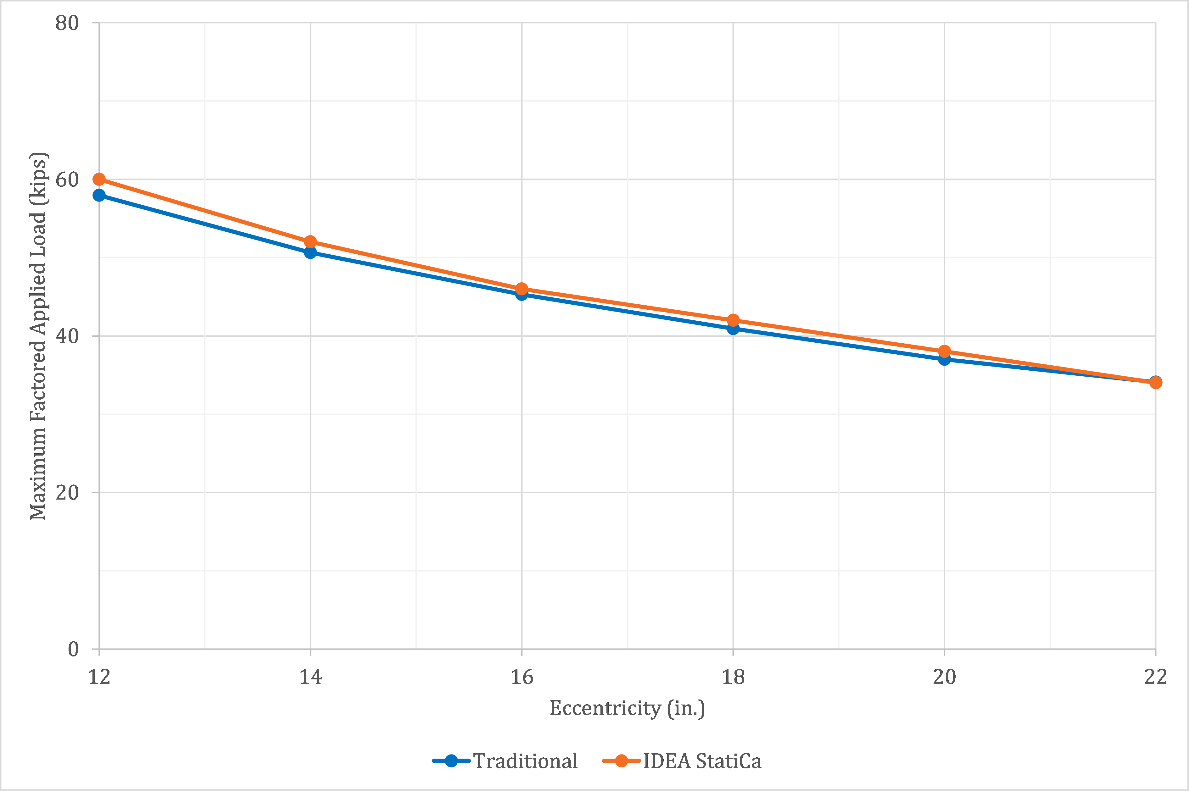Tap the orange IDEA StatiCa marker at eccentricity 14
[310, 242]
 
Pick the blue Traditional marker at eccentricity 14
[310, 252]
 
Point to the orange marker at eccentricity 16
[522, 289]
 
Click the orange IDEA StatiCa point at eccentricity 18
[733, 320]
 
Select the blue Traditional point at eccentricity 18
[733, 329]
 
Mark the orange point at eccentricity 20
[944, 351]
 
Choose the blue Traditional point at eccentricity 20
[944, 359]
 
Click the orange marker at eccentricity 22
[1156, 383]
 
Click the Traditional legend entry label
[525, 761]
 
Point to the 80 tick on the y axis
[67, 23]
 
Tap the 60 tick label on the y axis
[67, 180]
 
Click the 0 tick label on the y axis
[73, 649]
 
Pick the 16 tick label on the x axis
[522, 677]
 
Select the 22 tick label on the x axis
[1156, 677]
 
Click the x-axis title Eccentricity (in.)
[627, 708]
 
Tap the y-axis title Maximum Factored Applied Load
[38, 335]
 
